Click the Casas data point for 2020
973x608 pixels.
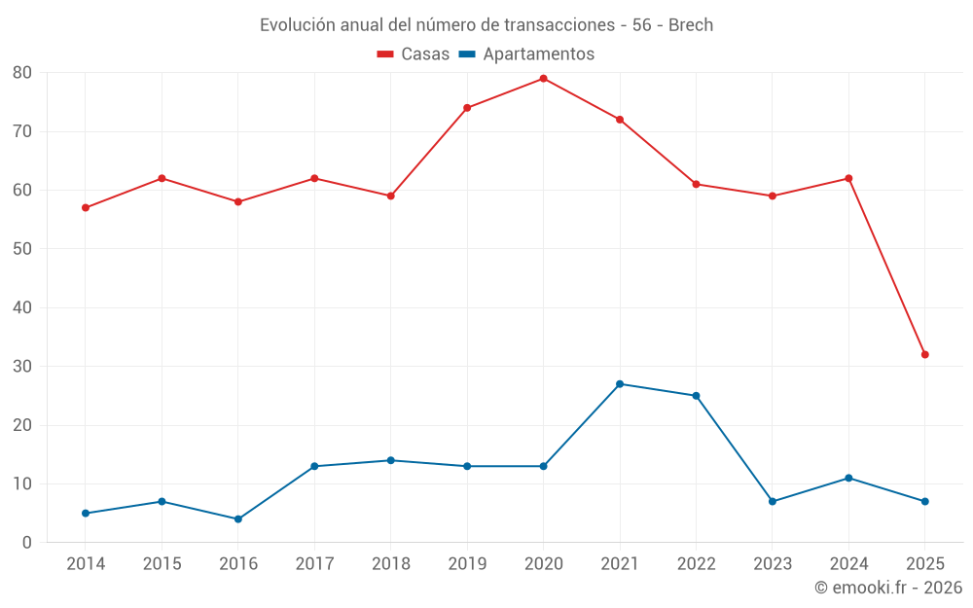pos(543,79)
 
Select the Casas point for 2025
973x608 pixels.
pos(925,354)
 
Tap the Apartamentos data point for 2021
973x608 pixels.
pos(620,384)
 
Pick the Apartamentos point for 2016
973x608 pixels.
pos(238,519)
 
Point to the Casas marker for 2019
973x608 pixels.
pos(467,108)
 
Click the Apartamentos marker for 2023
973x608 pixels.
pos(773,502)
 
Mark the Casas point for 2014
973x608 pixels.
pos(86,207)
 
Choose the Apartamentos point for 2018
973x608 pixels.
pos(391,460)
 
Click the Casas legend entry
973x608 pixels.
pos(414,54)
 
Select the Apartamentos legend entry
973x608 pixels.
pos(526,54)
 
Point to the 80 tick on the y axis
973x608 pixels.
pos(22,73)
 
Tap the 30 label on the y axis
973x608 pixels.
pos(22,367)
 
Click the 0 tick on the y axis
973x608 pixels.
pos(27,543)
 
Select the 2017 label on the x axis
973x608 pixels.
pos(314,564)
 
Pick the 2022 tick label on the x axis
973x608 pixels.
pos(696,564)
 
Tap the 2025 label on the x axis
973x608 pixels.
pos(925,564)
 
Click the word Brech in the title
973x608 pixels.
pos(691,25)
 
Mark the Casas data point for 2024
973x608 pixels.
pos(848,178)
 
